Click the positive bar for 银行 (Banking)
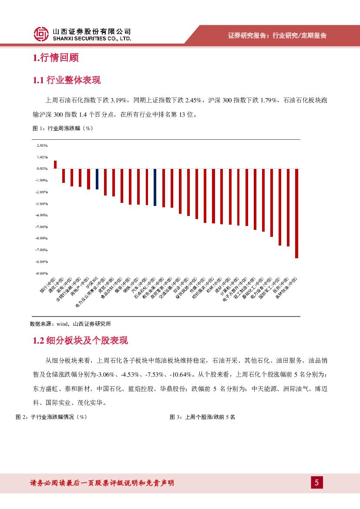pyautogui.click(x=55, y=165)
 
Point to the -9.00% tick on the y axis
pyautogui.click(x=42, y=273)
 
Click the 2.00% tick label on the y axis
pyautogui.click(x=42, y=145)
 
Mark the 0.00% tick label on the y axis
pyautogui.click(x=42, y=169)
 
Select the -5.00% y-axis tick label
pyautogui.click(x=42, y=227)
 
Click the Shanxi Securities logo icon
pyautogui.click(x=41, y=34)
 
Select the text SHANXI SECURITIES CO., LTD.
pyautogui.click(x=91, y=39)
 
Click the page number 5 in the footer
pyautogui.click(x=316, y=482)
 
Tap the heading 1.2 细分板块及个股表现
pyautogui.click(x=80, y=340)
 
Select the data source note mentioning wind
pyautogui.click(x=70, y=324)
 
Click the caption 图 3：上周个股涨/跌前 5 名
pyautogui.click(x=202, y=417)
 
